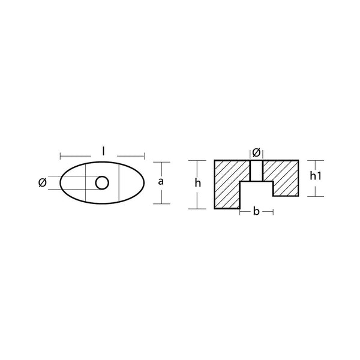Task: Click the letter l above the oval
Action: [104, 152]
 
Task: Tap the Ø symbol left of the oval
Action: [41, 183]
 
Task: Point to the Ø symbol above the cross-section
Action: [256, 151]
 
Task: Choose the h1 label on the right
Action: [316, 176]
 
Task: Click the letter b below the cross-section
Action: [257, 212]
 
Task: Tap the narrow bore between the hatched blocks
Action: [256, 170]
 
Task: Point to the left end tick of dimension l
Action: [60, 157]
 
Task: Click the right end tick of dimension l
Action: [146, 157]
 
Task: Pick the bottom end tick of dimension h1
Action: [316, 196]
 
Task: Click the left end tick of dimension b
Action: [240, 212]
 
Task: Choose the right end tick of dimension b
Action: [273, 212]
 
